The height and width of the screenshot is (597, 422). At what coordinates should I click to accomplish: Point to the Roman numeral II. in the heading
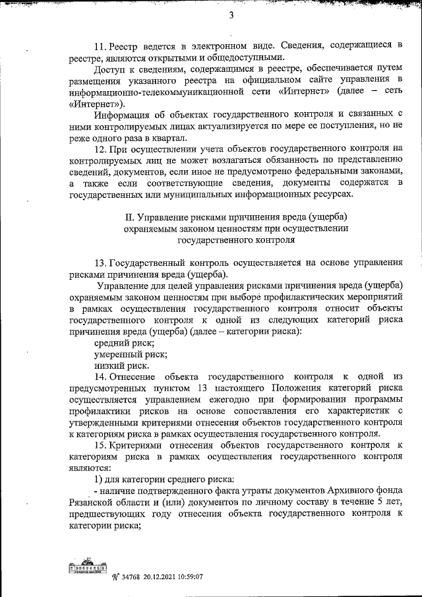131,217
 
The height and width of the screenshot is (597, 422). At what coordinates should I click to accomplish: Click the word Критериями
140,446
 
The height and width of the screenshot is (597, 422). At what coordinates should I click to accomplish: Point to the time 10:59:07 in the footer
186,576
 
